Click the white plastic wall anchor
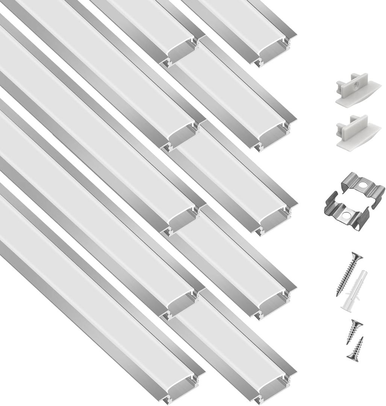pyautogui.click(x=354, y=290)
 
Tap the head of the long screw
pyautogui.click(x=357, y=258)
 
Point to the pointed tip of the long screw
pyautogui.click(x=337, y=295)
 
